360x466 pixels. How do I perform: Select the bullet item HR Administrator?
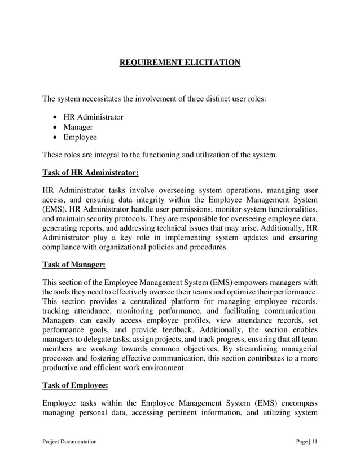[x=93, y=117]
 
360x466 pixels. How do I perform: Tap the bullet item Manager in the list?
[x=78, y=127]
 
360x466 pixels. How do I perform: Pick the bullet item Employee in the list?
[x=80, y=137]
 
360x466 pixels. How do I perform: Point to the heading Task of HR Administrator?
[x=90, y=172]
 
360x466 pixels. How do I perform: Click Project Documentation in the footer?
[x=69, y=442]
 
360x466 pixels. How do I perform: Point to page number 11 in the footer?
[x=314, y=442]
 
